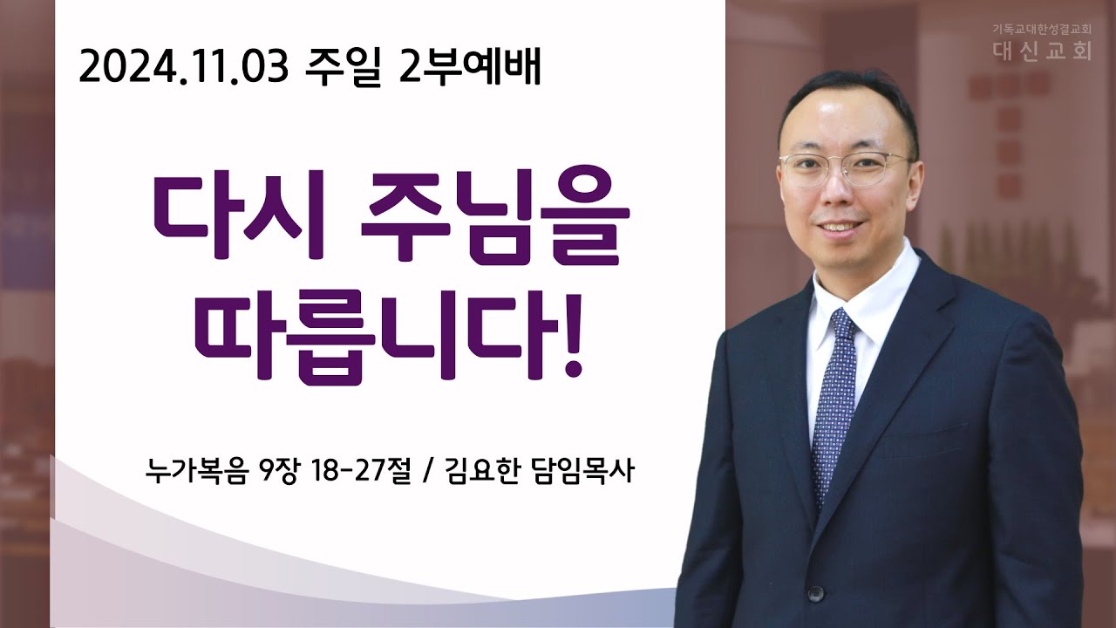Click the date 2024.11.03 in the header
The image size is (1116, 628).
184,68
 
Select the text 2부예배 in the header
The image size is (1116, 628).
470,67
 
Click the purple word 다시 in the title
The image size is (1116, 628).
240,215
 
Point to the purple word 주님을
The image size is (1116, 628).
495,215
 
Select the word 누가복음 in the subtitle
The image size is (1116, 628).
196,470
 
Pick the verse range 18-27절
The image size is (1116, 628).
361,470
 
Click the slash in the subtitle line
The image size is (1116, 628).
426,472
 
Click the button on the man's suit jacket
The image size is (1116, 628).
815,594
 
